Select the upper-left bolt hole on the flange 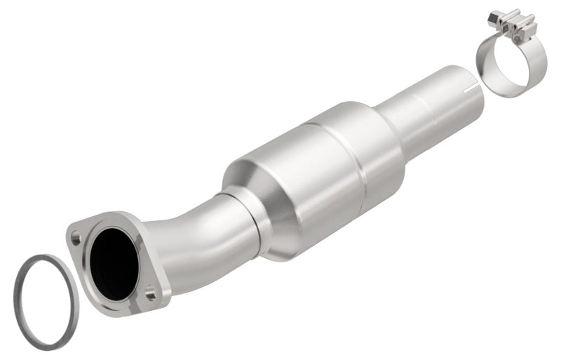point(76,239)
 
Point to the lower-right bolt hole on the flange point(150,295)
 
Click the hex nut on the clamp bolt point(494,15)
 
